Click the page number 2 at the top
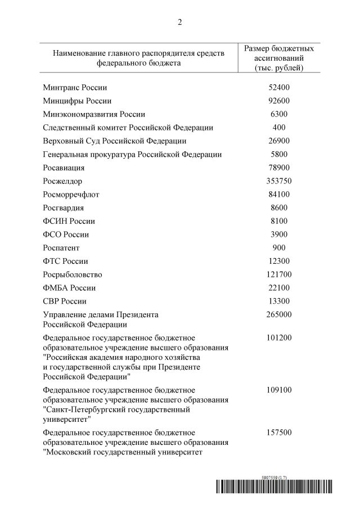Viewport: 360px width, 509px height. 180,22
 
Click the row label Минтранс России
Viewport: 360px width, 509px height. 75,88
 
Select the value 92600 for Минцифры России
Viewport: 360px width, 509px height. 278,101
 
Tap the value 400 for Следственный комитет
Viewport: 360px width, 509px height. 278,128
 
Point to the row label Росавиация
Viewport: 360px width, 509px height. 64,168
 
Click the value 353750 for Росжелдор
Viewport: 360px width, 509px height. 278,181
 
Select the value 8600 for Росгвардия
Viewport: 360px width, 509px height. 278,208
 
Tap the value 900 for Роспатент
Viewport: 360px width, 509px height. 278,247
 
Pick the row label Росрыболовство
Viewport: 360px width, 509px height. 73,274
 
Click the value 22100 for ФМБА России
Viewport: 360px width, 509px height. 278,287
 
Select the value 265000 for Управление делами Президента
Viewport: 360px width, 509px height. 278,314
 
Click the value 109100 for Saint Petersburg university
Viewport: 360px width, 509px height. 278,389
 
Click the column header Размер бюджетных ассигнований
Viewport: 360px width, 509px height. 278,58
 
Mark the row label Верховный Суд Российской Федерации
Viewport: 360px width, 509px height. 115,141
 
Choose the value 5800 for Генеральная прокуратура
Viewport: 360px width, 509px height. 278,154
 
